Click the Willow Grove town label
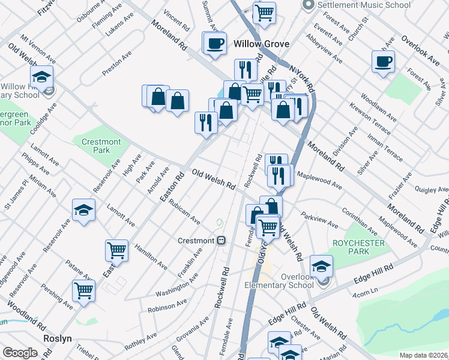tap(261, 44)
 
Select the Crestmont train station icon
tap(221, 241)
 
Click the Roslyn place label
tap(58, 338)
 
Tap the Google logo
tap(19, 353)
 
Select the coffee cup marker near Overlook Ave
tap(383, 61)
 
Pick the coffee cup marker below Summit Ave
tap(215, 43)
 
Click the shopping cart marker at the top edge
tap(264, 12)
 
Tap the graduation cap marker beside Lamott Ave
tap(83, 209)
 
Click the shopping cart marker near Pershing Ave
tap(84, 290)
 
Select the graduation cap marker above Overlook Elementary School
tap(322, 266)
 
